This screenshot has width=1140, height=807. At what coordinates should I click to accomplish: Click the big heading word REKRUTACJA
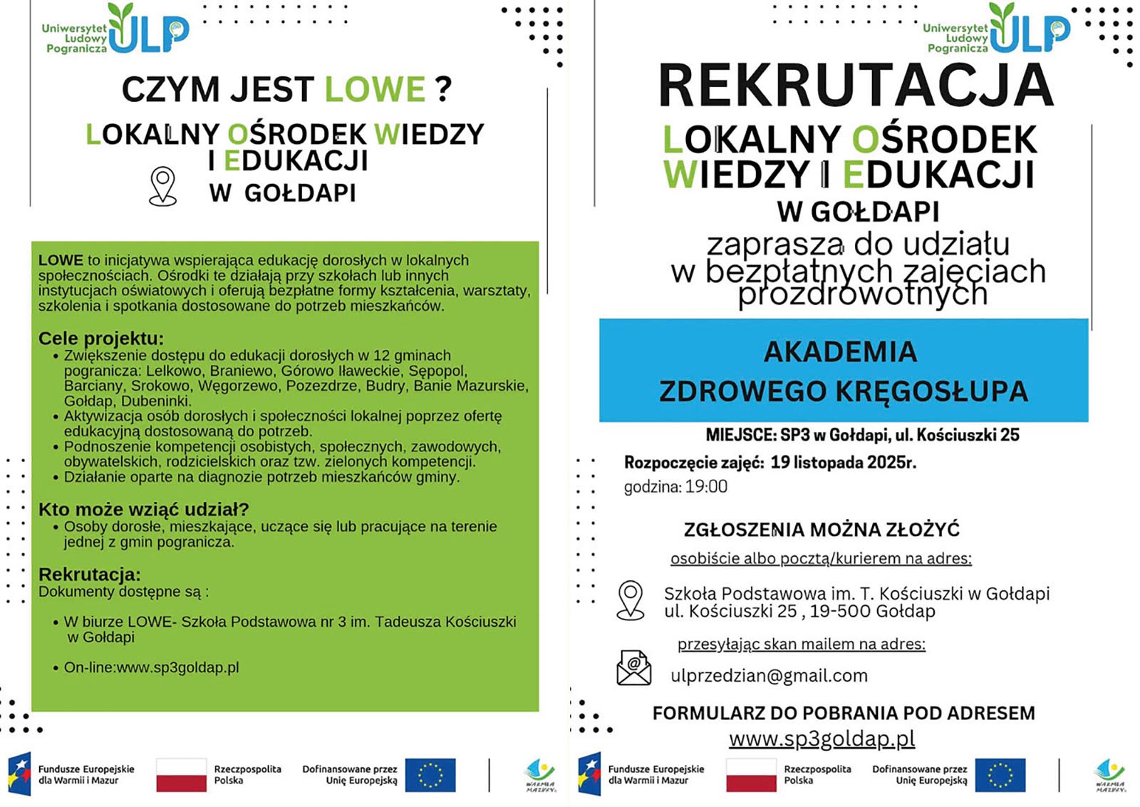click(856, 86)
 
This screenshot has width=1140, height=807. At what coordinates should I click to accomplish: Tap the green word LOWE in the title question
click(375, 90)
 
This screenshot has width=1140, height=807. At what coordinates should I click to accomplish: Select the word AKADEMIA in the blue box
click(840, 351)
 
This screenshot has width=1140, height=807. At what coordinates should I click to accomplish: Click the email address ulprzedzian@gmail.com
click(769, 676)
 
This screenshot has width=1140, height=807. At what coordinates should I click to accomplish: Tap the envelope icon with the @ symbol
click(633, 668)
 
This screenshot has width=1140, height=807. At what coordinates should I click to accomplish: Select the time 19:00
click(706, 487)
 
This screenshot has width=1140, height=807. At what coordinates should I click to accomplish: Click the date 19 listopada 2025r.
click(843, 463)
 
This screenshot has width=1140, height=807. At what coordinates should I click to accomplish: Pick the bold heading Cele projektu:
click(101, 338)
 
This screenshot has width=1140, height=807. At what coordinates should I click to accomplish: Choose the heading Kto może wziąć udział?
click(144, 509)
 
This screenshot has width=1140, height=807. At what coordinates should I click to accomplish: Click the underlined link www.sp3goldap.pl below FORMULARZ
click(822, 739)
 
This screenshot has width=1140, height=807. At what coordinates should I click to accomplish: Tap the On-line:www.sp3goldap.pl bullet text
click(151, 668)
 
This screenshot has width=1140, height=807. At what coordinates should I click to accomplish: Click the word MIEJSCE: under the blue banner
click(740, 435)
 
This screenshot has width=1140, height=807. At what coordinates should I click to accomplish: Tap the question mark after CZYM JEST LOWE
click(443, 90)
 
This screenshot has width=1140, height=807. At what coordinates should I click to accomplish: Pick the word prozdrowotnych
click(862, 294)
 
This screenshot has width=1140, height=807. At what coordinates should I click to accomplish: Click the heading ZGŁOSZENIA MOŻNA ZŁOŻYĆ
click(822, 530)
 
